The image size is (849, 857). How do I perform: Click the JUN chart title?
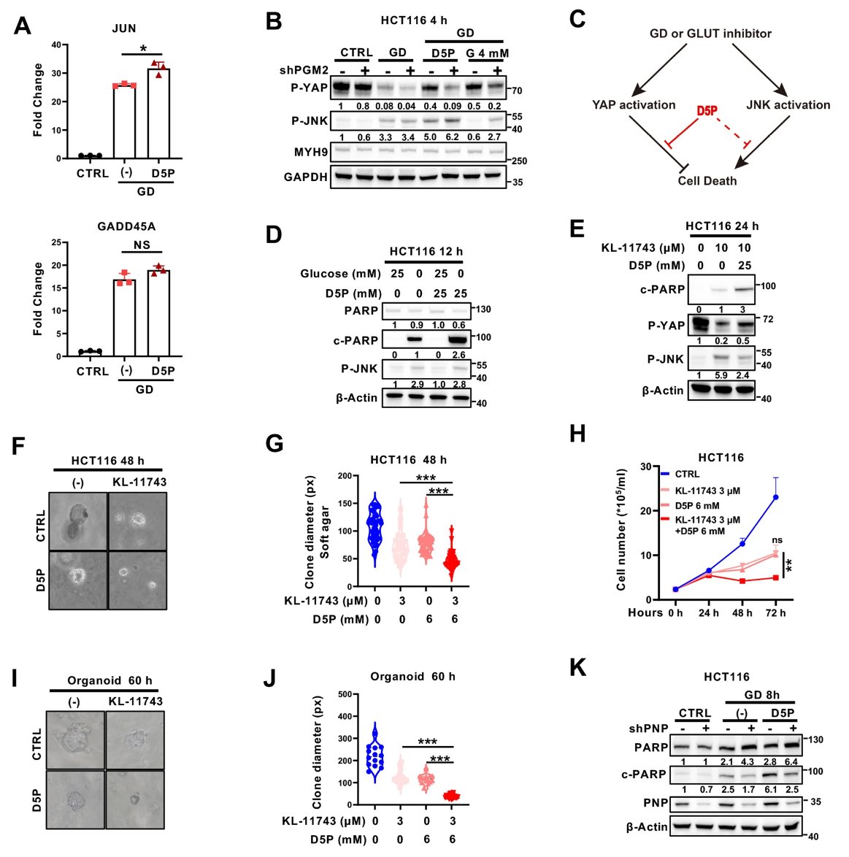click(x=124, y=28)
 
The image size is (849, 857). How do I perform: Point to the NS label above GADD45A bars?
click(x=142, y=245)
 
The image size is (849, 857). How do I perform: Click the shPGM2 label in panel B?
click(x=304, y=70)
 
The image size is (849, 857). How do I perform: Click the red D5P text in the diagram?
click(x=707, y=111)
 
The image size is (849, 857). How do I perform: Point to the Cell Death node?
click(x=707, y=181)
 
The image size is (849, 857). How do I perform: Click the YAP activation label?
click(x=634, y=105)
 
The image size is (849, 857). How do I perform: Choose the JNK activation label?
click(x=788, y=105)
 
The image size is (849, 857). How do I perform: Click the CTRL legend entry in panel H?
click(x=687, y=474)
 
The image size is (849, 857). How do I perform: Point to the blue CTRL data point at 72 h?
click(x=775, y=497)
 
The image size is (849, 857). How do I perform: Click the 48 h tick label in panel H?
click(x=742, y=613)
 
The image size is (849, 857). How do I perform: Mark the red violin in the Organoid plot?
click(x=452, y=795)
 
